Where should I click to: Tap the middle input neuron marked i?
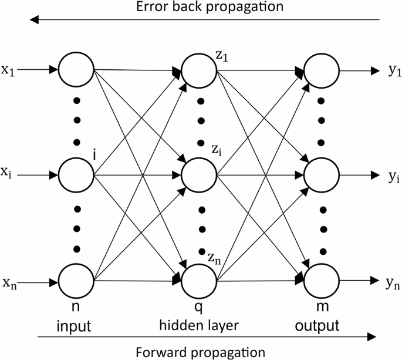click(x=77, y=175)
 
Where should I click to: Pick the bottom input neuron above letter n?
click(x=77, y=282)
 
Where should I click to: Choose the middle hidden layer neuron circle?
click(x=200, y=175)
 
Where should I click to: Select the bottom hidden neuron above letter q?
click(x=200, y=282)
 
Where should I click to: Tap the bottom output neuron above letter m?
click(x=322, y=282)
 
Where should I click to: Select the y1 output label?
click(x=394, y=70)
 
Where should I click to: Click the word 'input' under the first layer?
click(x=74, y=324)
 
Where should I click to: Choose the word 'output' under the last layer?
click(x=322, y=324)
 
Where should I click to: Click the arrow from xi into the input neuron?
click(x=39, y=175)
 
